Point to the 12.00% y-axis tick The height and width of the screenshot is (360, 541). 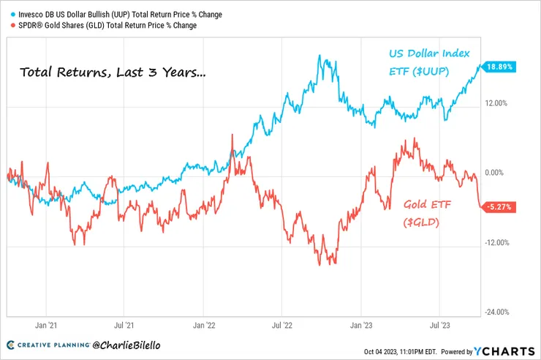coord(496,103)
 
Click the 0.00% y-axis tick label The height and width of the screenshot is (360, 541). coord(496,173)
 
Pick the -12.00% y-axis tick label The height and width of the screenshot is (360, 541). coord(496,243)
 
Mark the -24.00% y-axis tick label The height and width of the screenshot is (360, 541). coord(496,312)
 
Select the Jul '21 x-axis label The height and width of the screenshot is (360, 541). coord(125,323)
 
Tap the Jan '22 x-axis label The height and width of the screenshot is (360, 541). coord(204,323)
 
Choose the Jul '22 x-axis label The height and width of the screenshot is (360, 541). coord(283,323)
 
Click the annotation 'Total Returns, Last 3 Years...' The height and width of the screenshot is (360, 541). coord(112,72)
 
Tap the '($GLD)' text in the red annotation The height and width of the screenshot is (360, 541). coord(421,221)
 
